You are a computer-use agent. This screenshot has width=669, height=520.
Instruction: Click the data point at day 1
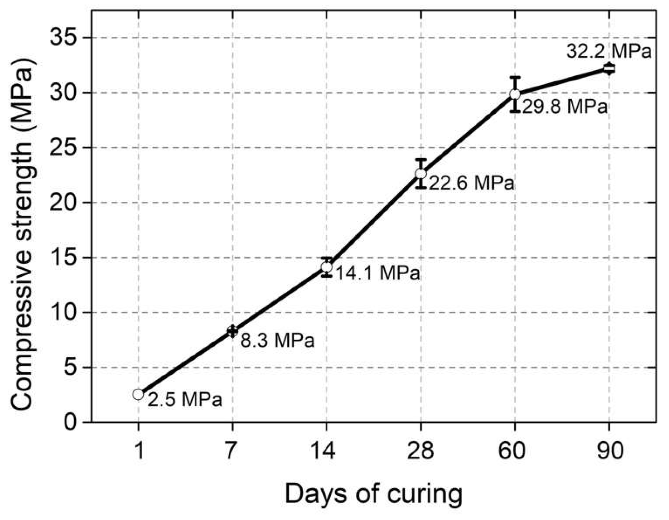pos(138,394)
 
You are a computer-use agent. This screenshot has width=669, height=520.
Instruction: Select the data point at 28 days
pos(421,174)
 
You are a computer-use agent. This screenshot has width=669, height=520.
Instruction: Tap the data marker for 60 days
pos(515,94)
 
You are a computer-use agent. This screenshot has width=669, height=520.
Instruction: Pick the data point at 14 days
pos(327,267)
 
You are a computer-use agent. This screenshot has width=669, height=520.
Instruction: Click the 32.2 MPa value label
pos(609,51)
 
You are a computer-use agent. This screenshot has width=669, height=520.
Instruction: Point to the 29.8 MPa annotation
pos(565,107)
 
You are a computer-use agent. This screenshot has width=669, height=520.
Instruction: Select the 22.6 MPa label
pos(471,183)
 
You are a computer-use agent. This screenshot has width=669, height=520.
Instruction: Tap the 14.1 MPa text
pos(378,273)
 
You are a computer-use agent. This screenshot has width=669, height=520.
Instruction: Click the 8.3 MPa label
pos(277,340)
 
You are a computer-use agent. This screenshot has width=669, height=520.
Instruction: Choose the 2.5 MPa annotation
pos(185,399)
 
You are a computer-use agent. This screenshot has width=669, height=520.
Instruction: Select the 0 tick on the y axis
pos(70,422)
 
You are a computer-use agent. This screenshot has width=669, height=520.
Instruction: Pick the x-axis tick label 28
pos(421,450)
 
